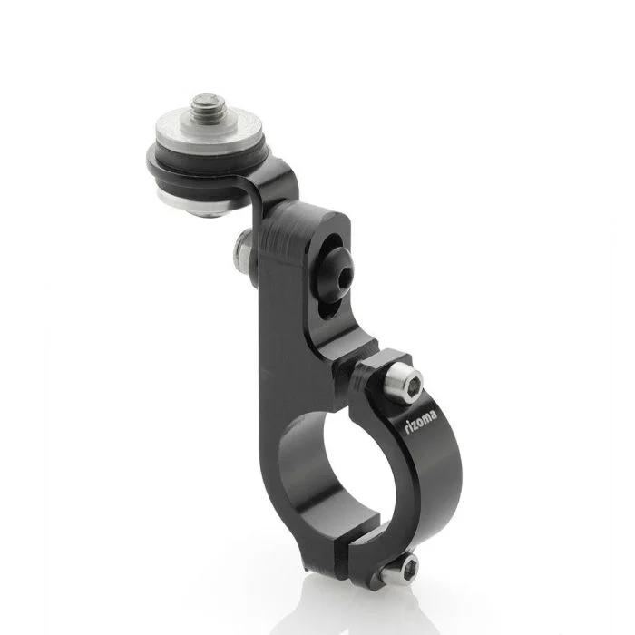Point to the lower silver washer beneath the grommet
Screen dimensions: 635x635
(190, 205)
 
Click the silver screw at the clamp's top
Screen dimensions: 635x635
(404, 383)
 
